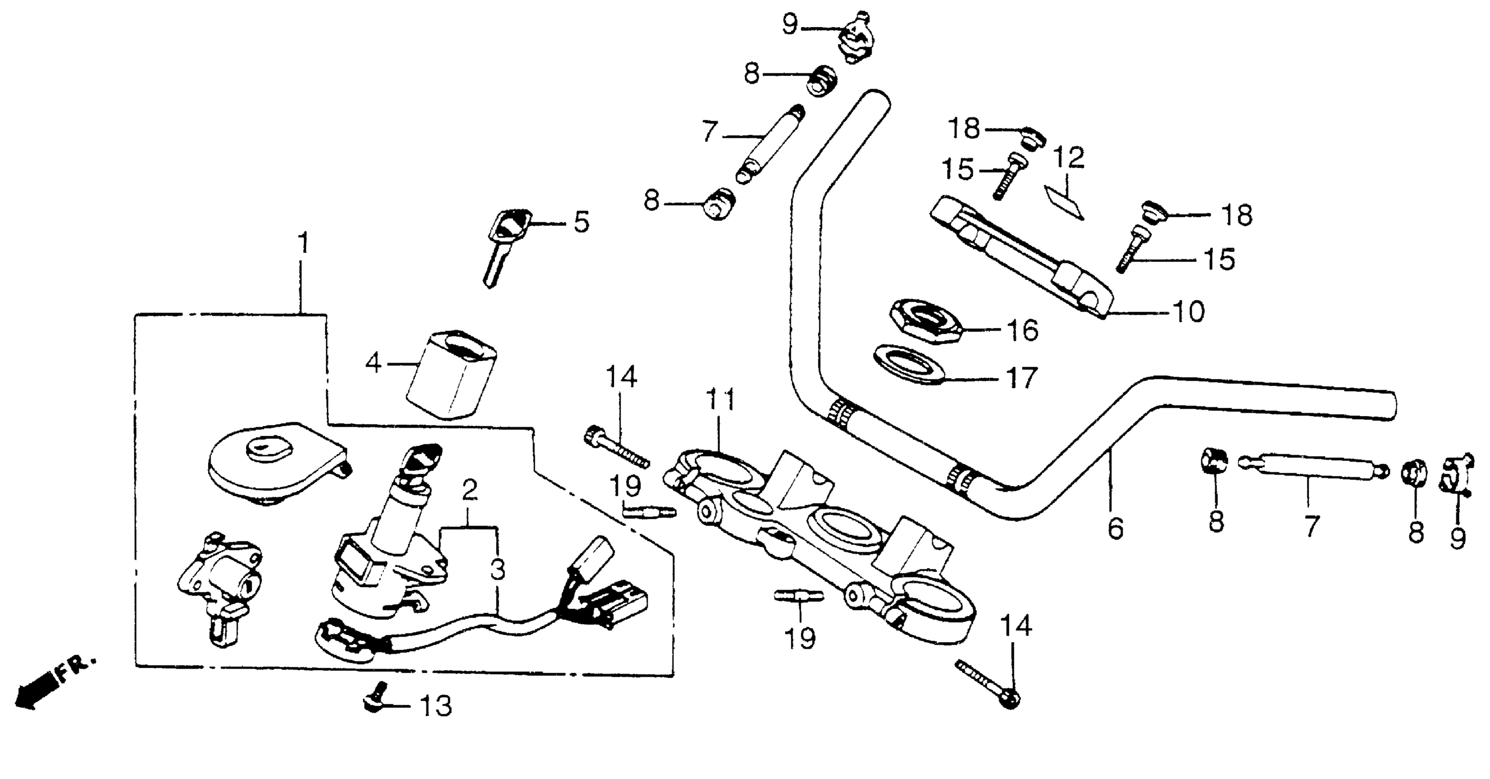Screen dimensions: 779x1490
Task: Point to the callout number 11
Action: (x=721, y=400)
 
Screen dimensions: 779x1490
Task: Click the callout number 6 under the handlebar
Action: (x=1116, y=529)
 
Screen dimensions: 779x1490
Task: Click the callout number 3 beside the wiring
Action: (x=497, y=569)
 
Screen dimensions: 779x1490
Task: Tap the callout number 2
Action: (x=470, y=491)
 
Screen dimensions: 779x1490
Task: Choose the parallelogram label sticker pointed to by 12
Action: (x=1063, y=201)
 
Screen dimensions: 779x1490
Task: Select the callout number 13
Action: (x=435, y=706)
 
